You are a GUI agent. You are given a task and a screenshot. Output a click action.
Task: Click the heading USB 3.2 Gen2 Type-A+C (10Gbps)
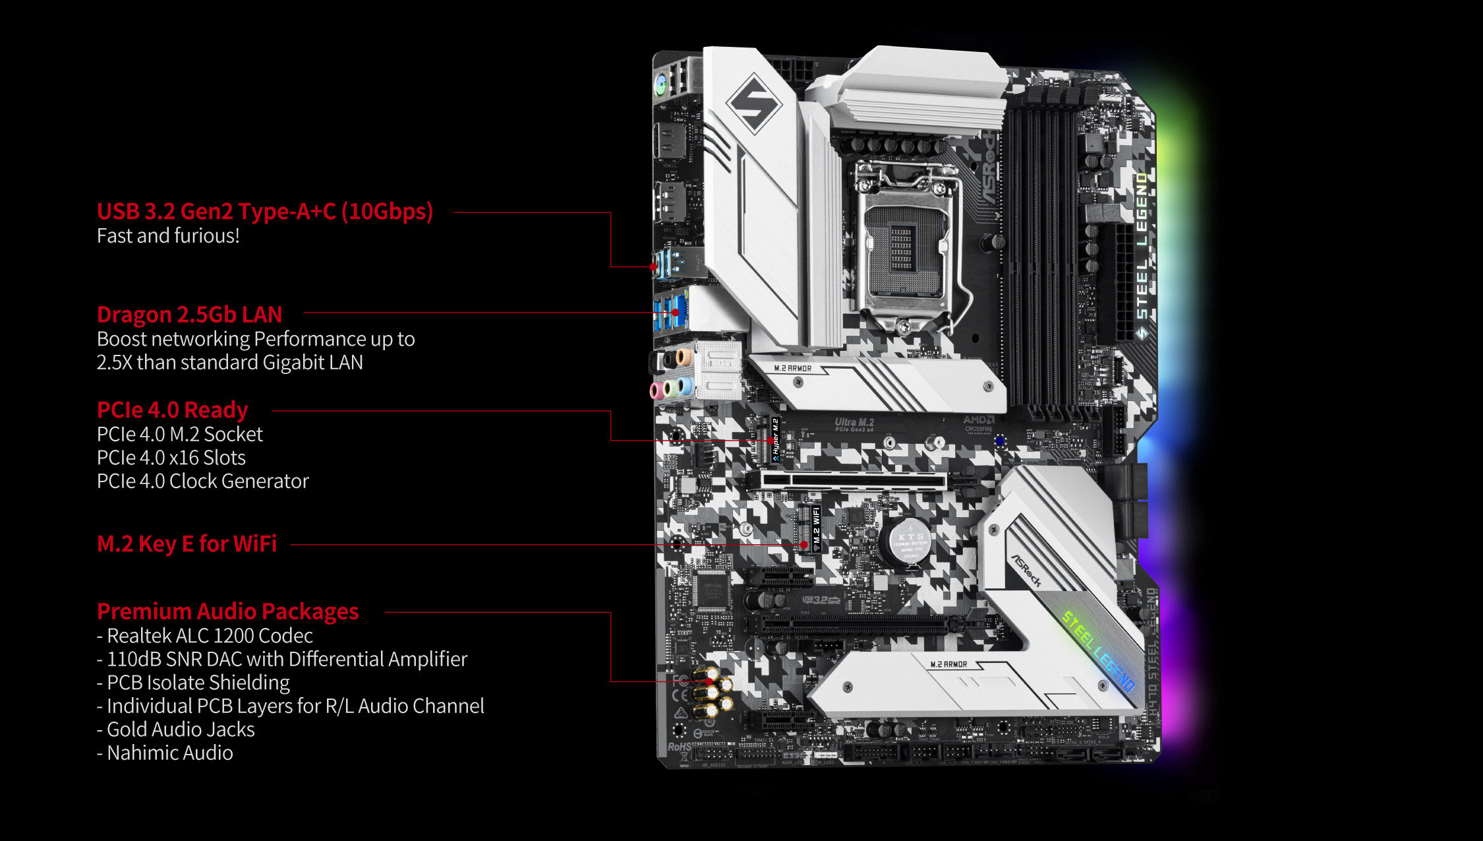pos(265,211)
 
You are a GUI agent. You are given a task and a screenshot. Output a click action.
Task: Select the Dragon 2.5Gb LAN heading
pos(189,314)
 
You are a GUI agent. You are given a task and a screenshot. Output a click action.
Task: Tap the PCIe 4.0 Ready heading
pos(172,410)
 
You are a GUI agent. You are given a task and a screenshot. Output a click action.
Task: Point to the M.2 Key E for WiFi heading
pos(187,544)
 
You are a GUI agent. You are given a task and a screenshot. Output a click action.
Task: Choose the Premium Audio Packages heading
pos(227,611)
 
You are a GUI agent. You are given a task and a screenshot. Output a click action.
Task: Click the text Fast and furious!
pos(168,235)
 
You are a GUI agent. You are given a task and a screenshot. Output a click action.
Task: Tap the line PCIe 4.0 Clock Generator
pos(202,481)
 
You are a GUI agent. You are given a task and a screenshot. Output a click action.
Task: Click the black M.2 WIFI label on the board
pos(816,528)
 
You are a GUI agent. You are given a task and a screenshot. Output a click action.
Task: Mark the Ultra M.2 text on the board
pos(854,423)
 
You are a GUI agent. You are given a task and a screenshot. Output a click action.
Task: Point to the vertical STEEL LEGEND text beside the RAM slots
pos(1142,257)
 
